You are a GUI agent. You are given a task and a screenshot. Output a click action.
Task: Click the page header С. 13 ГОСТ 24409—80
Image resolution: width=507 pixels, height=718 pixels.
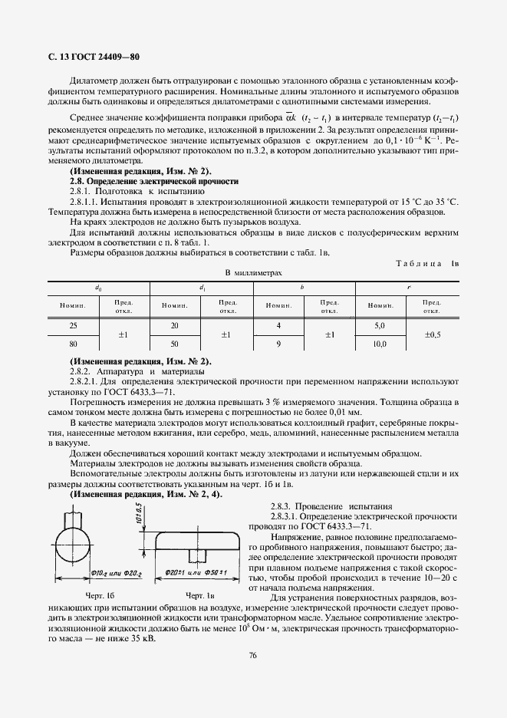tap(87, 58)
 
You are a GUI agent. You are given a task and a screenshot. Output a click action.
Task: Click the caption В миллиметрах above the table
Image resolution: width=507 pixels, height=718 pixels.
tap(253, 272)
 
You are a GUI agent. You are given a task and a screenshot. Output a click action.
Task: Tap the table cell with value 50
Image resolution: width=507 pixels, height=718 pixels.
tap(174, 344)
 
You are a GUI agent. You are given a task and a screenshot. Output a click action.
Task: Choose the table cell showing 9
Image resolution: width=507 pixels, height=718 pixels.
tap(278, 344)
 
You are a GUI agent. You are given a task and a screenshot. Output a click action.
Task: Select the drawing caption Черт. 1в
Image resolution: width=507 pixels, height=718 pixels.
tap(199, 595)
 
